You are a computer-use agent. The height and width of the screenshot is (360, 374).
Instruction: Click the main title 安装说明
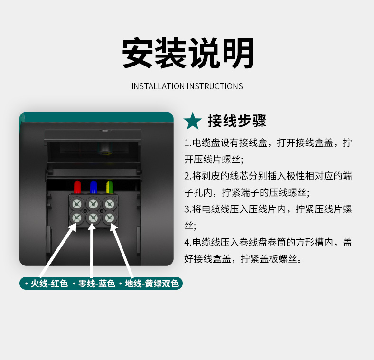(188, 53)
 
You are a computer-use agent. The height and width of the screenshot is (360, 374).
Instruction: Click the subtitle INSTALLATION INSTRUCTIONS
(187, 86)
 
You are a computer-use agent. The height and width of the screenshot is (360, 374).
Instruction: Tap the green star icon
(193, 121)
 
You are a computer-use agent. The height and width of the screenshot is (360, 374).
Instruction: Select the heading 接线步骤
(237, 121)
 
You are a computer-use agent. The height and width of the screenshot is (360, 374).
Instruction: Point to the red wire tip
(77, 187)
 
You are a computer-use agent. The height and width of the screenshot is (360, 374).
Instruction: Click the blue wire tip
(93, 187)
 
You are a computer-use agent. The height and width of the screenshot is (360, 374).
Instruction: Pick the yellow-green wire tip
(110, 187)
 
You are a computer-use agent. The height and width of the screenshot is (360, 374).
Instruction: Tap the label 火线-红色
(49, 284)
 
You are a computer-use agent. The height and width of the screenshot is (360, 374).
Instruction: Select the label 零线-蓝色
(97, 284)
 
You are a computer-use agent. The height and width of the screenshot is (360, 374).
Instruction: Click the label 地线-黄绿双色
(152, 284)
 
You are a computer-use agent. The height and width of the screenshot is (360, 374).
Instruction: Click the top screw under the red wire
(77, 204)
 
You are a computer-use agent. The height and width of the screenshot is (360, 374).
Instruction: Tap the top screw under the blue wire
(93, 204)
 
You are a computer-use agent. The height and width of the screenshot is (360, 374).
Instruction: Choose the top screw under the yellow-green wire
(110, 204)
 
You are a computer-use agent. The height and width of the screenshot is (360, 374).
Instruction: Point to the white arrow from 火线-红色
(58, 250)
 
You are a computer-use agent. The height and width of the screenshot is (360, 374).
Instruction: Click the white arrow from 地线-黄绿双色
(122, 250)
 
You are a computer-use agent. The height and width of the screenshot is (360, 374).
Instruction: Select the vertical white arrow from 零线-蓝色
(92, 250)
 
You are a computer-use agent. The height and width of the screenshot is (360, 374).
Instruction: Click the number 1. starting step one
(188, 143)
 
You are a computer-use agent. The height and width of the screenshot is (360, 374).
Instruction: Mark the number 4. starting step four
(188, 243)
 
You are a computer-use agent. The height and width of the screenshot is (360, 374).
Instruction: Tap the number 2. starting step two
(188, 176)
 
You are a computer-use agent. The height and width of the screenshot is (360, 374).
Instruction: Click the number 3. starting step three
(188, 209)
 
